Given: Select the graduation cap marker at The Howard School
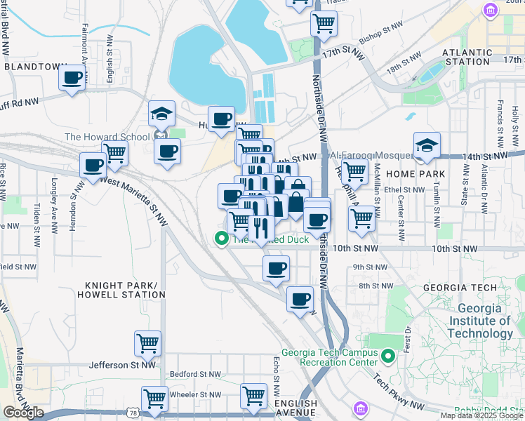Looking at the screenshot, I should (x=161, y=114).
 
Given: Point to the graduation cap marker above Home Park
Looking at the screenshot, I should (x=427, y=145).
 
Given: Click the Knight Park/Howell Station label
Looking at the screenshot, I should (x=125, y=290).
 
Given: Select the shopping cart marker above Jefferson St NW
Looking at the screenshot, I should (x=147, y=344).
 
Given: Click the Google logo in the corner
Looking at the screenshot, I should (x=23, y=413).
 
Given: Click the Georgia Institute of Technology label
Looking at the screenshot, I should (x=484, y=321).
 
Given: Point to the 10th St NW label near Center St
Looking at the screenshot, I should (x=454, y=248).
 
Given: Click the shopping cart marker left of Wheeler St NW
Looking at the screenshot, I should (x=154, y=398).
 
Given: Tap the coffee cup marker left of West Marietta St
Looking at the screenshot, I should (x=93, y=166).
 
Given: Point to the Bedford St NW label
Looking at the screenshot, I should (x=194, y=375).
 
